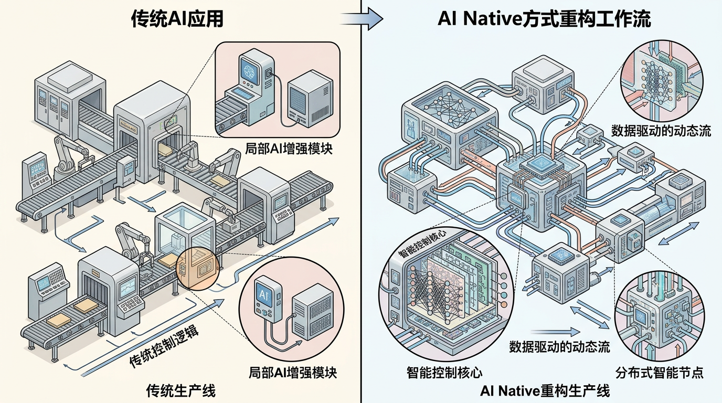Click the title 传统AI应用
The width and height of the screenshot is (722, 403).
177,19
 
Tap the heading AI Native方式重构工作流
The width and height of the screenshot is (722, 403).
544,19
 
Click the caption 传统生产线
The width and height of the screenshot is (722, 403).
181,391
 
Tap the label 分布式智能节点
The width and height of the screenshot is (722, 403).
660,373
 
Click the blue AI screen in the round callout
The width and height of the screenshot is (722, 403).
262,294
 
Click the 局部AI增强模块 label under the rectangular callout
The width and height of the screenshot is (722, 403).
289,149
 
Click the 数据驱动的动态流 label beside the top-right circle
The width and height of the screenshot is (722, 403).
661,130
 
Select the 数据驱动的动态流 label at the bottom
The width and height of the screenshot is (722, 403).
559,346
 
